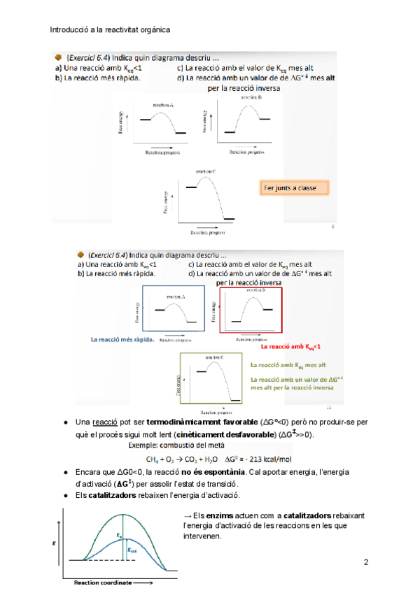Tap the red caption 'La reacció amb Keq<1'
[290, 346]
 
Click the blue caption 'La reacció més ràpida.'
[122, 339]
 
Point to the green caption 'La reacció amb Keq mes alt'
[288, 365]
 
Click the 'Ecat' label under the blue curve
[131, 550]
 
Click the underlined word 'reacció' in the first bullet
[105, 423]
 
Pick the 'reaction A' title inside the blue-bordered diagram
[172, 296]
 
